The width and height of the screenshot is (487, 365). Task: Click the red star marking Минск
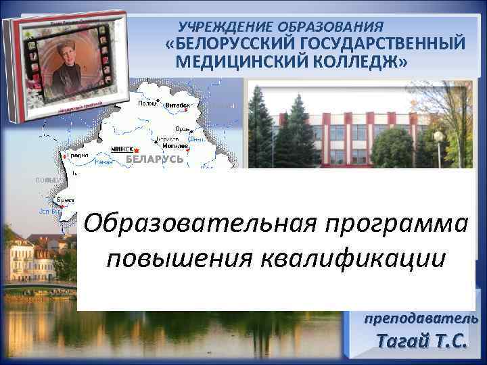(x=136, y=149)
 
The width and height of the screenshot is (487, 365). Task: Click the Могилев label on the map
(x=175, y=147)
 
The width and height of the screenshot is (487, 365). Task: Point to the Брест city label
(x=66, y=201)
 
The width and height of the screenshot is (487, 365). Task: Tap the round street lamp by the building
(x=438, y=137)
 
